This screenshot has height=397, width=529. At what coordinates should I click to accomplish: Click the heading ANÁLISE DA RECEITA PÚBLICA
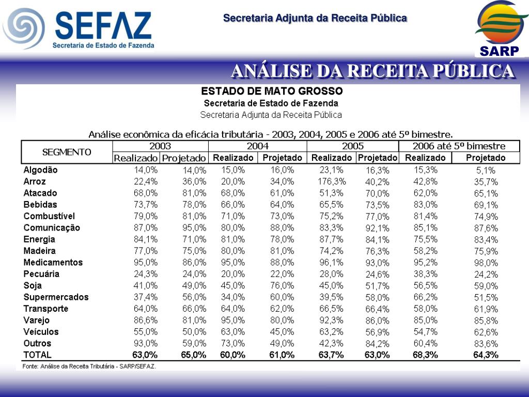tap(372, 71)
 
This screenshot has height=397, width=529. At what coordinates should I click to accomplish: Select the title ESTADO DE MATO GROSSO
tap(271, 91)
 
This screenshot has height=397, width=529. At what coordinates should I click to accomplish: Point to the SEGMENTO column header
tap(67, 152)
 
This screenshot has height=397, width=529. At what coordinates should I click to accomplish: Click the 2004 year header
tap(257, 146)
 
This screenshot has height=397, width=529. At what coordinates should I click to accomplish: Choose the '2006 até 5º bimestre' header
tap(459, 146)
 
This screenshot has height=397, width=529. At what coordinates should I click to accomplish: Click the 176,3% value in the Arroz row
tap(331, 181)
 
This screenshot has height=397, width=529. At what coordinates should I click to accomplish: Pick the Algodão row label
tap(41, 170)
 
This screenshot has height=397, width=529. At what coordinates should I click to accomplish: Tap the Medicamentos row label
tap(53, 262)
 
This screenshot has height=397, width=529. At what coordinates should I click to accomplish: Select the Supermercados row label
tap(56, 297)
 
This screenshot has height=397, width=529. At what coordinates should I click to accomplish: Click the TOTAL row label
tap(38, 355)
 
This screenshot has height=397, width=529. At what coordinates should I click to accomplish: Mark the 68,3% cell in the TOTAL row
tap(426, 355)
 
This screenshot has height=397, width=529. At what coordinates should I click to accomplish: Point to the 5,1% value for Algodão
tap(486, 170)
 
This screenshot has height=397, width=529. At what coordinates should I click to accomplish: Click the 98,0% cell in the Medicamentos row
tap(486, 263)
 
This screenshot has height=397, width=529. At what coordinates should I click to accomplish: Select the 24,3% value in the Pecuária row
tap(146, 274)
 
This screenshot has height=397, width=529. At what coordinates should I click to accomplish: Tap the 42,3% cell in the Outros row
tap(331, 343)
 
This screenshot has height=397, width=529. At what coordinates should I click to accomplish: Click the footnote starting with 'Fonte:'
tap(89, 367)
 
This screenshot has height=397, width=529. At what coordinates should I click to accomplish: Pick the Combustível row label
tap(50, 216)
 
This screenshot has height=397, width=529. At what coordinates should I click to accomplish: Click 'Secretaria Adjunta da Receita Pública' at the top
tap(315, 19)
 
